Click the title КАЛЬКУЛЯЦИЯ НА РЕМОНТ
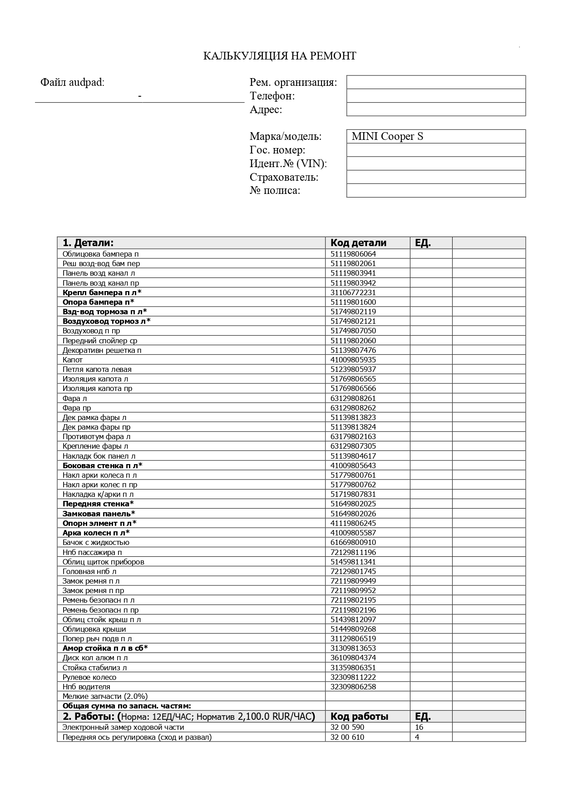click(279, 56)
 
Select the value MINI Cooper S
click(387, 136)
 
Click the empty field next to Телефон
click(436, 96)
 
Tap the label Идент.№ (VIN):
click(288, 163)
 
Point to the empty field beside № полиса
click(436, 190)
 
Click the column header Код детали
click(358, 243)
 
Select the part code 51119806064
click(353, 254)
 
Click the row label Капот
click(73, 360)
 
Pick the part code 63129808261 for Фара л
click(353, 398)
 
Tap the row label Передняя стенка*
click(98, 504)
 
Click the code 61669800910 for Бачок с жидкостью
click(353, 542)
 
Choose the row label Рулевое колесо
click(89, 677)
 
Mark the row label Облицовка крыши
click(94, 629)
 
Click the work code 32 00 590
click(347, 727)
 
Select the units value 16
click(419, 727)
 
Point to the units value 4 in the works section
click(417, 737)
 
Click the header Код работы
click(359, 717)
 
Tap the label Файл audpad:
click(72, 82)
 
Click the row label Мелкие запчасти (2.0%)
click(105, 696)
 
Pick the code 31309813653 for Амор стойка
click(353, 648)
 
